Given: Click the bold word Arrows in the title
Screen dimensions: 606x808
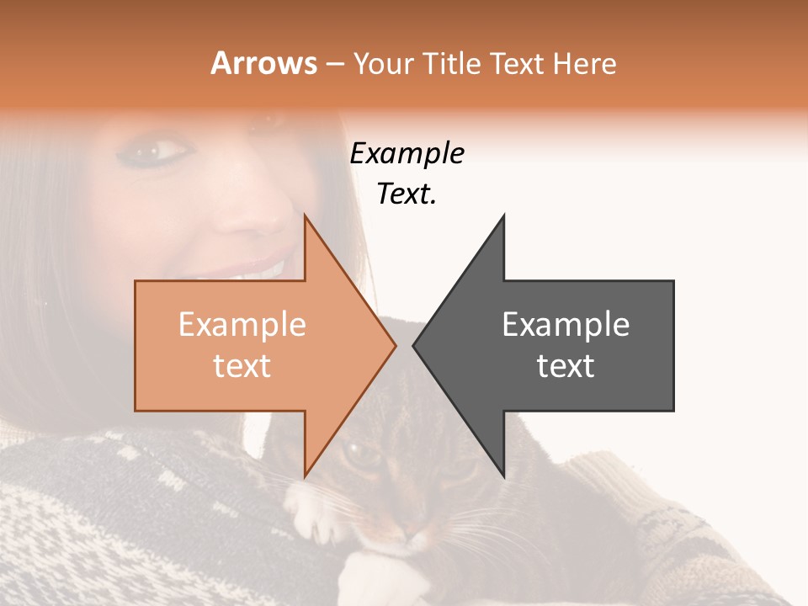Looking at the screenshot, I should click(264, 63).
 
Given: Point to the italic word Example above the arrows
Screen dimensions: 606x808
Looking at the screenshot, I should click(407, 154).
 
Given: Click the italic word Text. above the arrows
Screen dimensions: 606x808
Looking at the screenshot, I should click(407, 194).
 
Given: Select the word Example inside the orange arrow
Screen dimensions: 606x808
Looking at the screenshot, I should click(242, 324).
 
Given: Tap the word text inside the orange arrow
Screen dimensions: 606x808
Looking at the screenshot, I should click(242, 366).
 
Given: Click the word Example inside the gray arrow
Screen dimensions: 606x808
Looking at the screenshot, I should click(566, 324).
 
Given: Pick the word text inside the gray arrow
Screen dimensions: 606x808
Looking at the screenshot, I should click(566, 366).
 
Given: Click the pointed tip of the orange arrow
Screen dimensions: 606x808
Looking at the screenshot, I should click(395, 345).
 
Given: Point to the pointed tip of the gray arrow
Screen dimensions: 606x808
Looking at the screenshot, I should click(414, 345).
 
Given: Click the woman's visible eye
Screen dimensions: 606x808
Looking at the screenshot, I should click(160, 152).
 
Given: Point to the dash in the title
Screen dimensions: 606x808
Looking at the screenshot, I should click(334, 64).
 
